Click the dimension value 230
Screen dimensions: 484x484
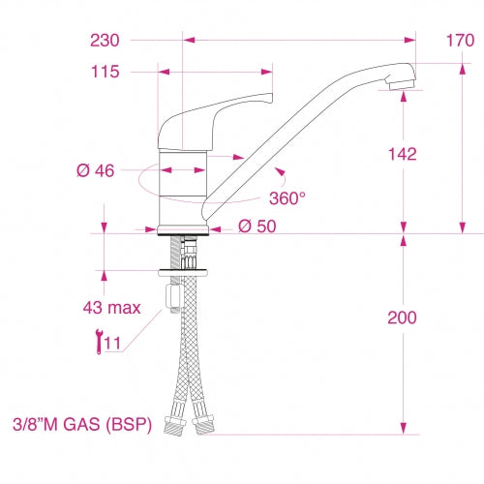[x=106, y=41]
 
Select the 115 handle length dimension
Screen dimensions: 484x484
[x=105, y=72]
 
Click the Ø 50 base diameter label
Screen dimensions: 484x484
[x=257, y=227]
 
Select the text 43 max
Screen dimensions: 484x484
[x=110, y=308]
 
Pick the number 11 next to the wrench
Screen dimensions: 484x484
[x=112, y=343]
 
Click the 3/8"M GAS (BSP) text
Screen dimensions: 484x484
[x=82, y=424]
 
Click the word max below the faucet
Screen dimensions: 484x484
[x=123, y=308]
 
